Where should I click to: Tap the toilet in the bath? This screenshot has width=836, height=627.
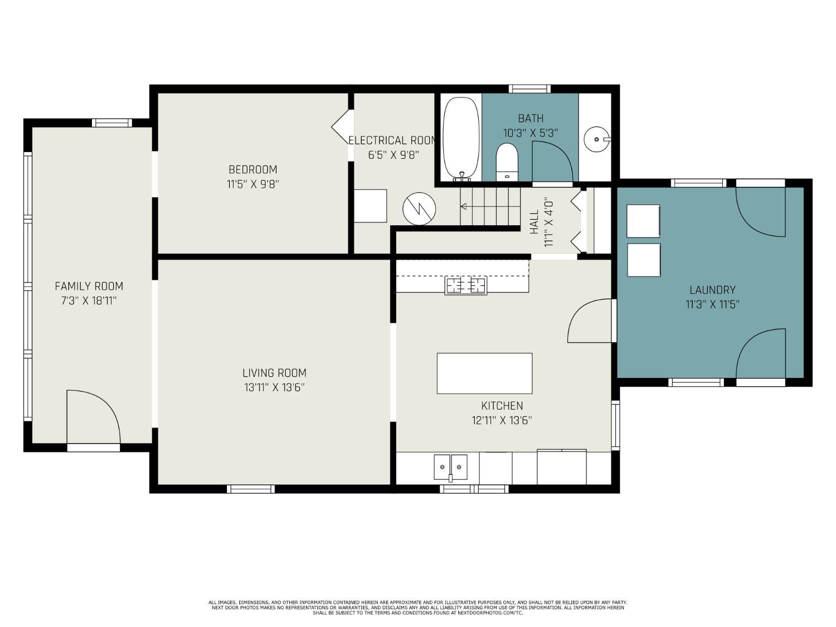click(x=507, y=162)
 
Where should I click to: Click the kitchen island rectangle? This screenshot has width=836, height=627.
click(x=484, y=373)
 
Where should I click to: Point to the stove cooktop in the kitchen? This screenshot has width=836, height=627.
click(x=466, y=286)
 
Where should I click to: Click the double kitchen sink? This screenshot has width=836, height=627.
click(x=450, y=468)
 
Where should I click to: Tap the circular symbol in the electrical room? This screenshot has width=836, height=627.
click(x=419, y=208)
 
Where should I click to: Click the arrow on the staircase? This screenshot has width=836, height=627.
click(x=490, y=207)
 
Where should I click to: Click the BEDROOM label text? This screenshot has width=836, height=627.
click(x=253, y=169)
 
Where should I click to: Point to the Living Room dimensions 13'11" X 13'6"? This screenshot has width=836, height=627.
click(x=274, y=387)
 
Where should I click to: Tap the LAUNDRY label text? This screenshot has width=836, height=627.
click(x=713, y=290)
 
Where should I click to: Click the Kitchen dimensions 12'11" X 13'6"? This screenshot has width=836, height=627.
click(x=502, y=420)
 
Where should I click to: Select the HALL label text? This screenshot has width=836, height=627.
click(x=534, y=222)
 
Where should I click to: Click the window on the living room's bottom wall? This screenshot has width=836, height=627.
click(x=251, y=489)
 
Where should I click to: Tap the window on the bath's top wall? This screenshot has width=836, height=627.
click(x=530, y=89)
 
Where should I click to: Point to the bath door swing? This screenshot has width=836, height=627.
click(x=553, y=162)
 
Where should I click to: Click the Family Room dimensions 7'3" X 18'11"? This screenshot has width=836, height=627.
click(x=89, y=301)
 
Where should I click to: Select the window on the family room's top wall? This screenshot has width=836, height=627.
click(x=111, y=123)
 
